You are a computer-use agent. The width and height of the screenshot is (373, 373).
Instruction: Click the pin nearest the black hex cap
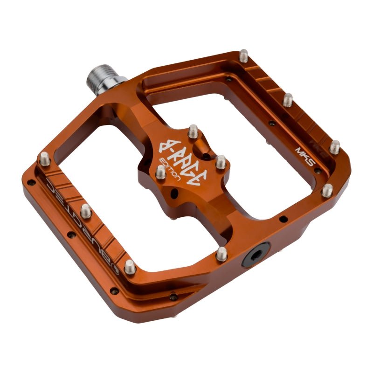[222, 254]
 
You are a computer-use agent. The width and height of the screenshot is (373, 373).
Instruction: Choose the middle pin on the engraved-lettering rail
[86, 210]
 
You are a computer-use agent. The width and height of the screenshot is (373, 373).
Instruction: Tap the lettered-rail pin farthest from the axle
[130, 267]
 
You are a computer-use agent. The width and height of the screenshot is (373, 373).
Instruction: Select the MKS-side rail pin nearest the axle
[244, 56]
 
